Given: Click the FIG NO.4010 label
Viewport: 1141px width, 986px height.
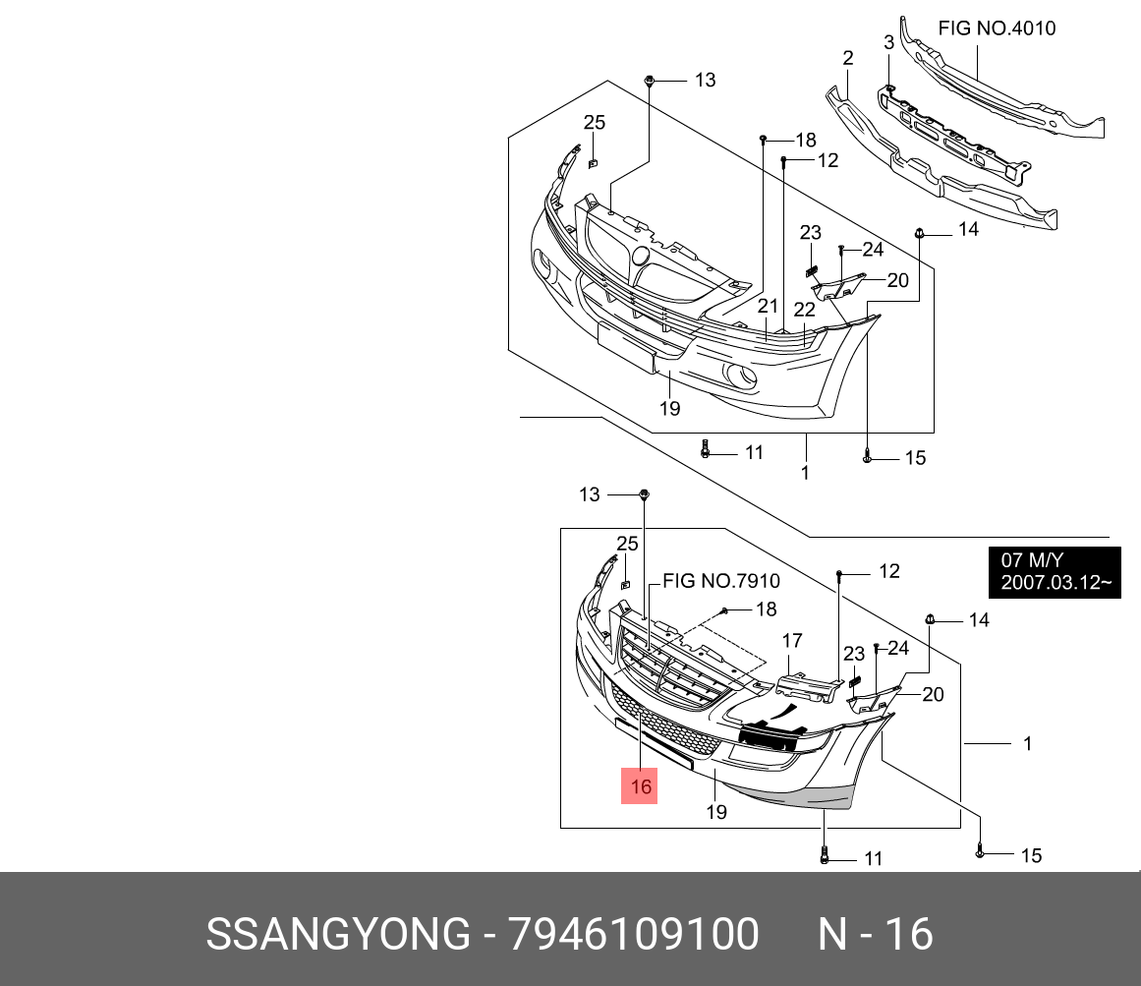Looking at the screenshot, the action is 997,29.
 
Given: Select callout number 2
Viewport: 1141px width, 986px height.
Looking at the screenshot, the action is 847,59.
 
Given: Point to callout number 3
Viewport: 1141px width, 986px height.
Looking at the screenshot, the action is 888,42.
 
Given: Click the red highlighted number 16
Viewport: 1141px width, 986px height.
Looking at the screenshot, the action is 641,786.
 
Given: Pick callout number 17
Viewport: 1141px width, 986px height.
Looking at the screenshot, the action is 792,641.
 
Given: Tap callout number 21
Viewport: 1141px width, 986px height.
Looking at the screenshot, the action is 768,307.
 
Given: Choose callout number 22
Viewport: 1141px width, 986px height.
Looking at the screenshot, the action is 805,310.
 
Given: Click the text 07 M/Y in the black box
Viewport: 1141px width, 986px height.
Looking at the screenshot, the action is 1026,560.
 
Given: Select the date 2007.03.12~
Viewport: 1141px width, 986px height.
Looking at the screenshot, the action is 1055,583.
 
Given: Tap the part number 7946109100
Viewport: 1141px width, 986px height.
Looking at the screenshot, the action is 634,934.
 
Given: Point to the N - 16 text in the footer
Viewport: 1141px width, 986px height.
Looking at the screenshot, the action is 875,934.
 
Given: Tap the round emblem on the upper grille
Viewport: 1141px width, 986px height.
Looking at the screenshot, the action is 641,257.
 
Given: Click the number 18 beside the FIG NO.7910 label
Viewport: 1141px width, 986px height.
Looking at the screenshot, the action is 766,609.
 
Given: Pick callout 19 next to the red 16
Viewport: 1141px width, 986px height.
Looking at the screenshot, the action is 715,812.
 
